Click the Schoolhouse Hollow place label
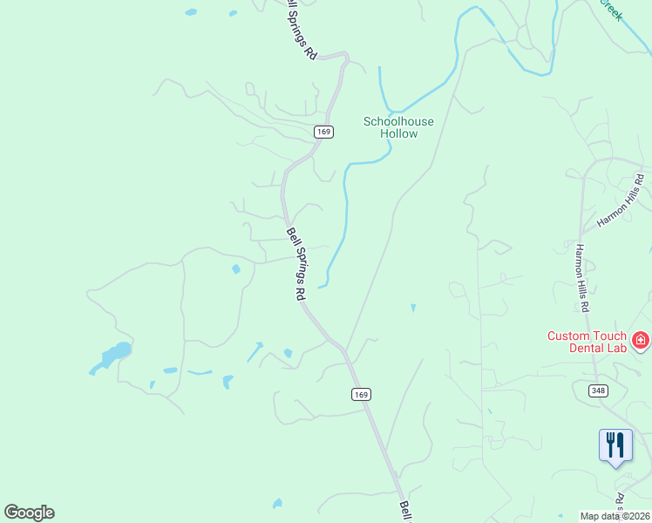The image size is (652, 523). click(x=398, y=127)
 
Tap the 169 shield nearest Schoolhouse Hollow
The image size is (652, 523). click(x=323, y=132)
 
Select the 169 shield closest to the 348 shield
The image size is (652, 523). click(x=363, y=394)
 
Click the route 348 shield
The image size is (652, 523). click(x=598, y=391)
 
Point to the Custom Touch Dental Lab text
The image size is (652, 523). click(x=587, y=342)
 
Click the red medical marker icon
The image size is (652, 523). click(x=641, y=339)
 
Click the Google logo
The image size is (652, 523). click(x=29, y=513)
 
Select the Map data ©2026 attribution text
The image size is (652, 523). click(x=615, y=516)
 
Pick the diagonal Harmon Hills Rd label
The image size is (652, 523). click(x=621, y=201)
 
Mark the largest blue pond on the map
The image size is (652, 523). click(x=113, y=355)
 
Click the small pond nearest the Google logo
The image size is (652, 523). click(x=277, y=503)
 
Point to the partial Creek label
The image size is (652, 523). click(x=610, y=10)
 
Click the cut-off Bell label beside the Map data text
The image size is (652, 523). click(x=406, y=512)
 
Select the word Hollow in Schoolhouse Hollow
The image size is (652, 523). click(x=398, y=133)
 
